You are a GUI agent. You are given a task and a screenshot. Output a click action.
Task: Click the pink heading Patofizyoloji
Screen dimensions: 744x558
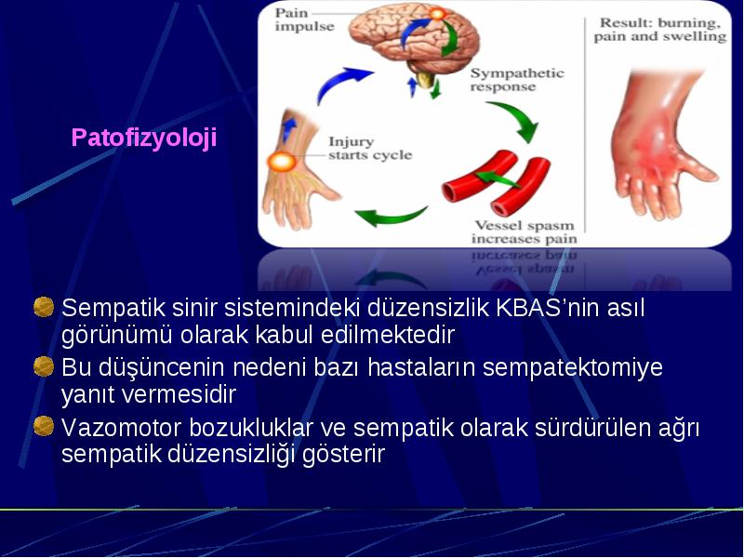(x=144, y=138)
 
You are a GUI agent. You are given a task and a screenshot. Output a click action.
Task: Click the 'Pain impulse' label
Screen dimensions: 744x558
(x=304, y=20)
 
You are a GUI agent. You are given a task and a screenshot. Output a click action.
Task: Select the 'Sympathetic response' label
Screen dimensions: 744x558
(x=517, y=80)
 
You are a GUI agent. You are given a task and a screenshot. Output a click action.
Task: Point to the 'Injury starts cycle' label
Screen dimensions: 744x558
(x=370, y=149)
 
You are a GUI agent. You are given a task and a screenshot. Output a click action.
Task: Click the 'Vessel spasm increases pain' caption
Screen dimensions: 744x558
(x=525, y=232)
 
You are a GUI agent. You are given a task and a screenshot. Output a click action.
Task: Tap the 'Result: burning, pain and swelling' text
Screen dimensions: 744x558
(x=660, y=30)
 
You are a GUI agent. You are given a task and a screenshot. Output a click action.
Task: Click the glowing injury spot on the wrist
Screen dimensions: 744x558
(x=282, y=162)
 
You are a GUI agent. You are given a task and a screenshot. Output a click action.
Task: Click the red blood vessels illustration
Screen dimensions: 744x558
(x=496, y=181)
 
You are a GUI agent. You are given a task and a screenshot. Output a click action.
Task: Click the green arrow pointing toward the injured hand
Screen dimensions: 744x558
(x=390, y=216)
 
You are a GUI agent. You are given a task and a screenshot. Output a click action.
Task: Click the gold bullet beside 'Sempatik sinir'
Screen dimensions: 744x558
(x=44, y=307)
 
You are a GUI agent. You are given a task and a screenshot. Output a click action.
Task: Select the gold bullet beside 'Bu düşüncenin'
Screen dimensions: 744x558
(x=44, y=366)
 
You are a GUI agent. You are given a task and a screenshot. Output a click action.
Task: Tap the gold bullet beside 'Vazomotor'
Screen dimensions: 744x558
(x=44, y=426)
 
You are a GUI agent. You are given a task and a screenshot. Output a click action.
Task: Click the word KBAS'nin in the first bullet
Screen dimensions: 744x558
(x=545, y=308)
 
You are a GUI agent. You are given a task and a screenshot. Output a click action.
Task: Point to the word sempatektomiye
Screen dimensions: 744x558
(x=572, y=368)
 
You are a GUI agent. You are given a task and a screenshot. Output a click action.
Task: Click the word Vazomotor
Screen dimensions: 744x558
(x=122, y=428)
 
